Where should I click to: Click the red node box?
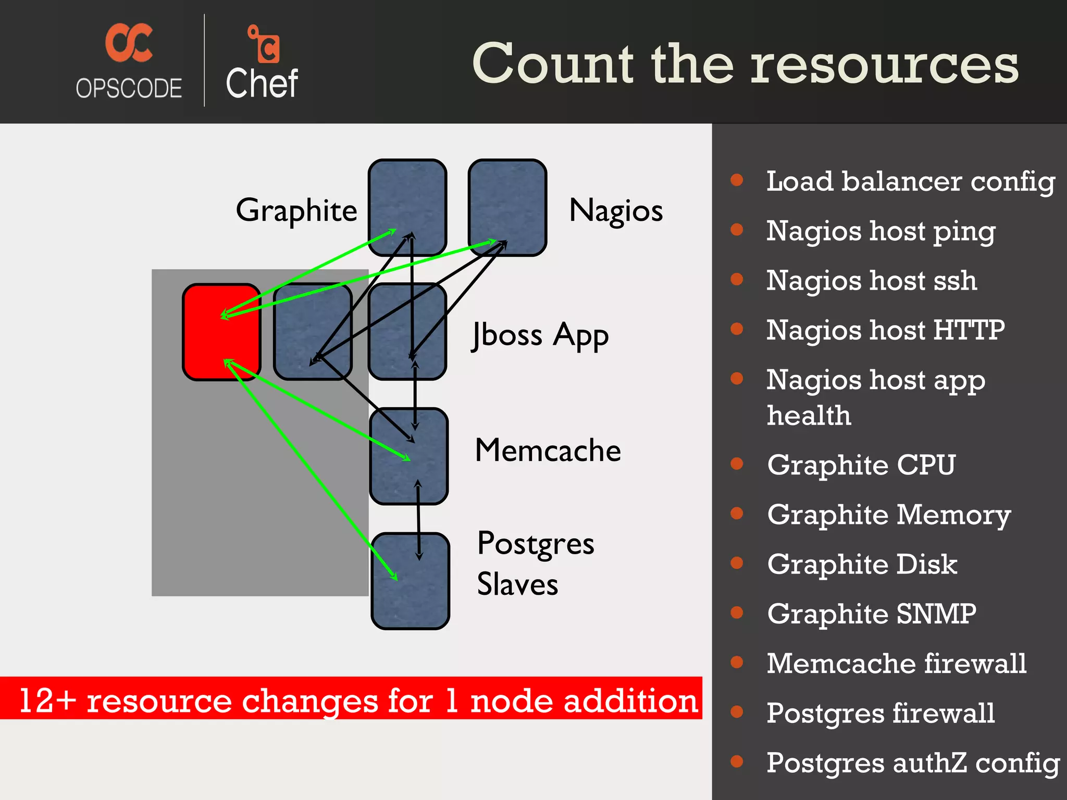[x=221, y=332]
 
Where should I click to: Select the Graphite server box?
[x=407, y=207]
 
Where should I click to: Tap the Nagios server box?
[x=507, y=207]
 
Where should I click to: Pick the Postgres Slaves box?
[x=411, y=581]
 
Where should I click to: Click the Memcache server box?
[x=409, y=456]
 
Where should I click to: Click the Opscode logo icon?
[x=129, y=43]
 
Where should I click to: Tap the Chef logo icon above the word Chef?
[x=265, y=44]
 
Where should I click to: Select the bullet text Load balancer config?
[x=910, y=182]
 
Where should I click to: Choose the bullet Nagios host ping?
[x=880, y=231]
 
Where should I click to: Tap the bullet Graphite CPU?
[x=861, y=465]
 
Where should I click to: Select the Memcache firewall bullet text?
[x=896, y=664]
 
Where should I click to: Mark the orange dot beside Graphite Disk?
[x=737, y=563]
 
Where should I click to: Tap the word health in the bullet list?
[x=809, y=416]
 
